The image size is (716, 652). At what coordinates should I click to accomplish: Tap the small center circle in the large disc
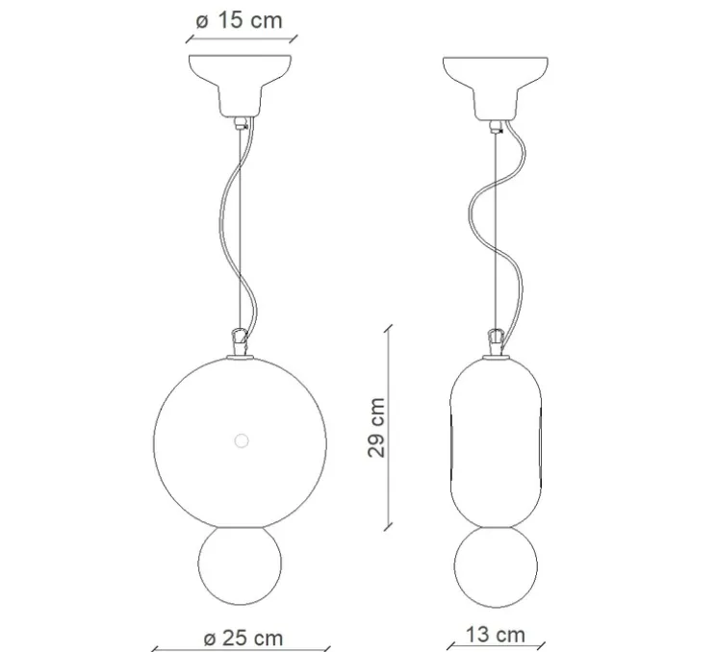(x=240, y=440)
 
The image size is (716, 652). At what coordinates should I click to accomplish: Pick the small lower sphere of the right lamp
(x=497, y=566)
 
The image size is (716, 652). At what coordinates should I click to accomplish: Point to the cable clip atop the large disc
(x=239, y=341)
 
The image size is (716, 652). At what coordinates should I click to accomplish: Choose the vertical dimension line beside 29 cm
(x=390, y=426)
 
